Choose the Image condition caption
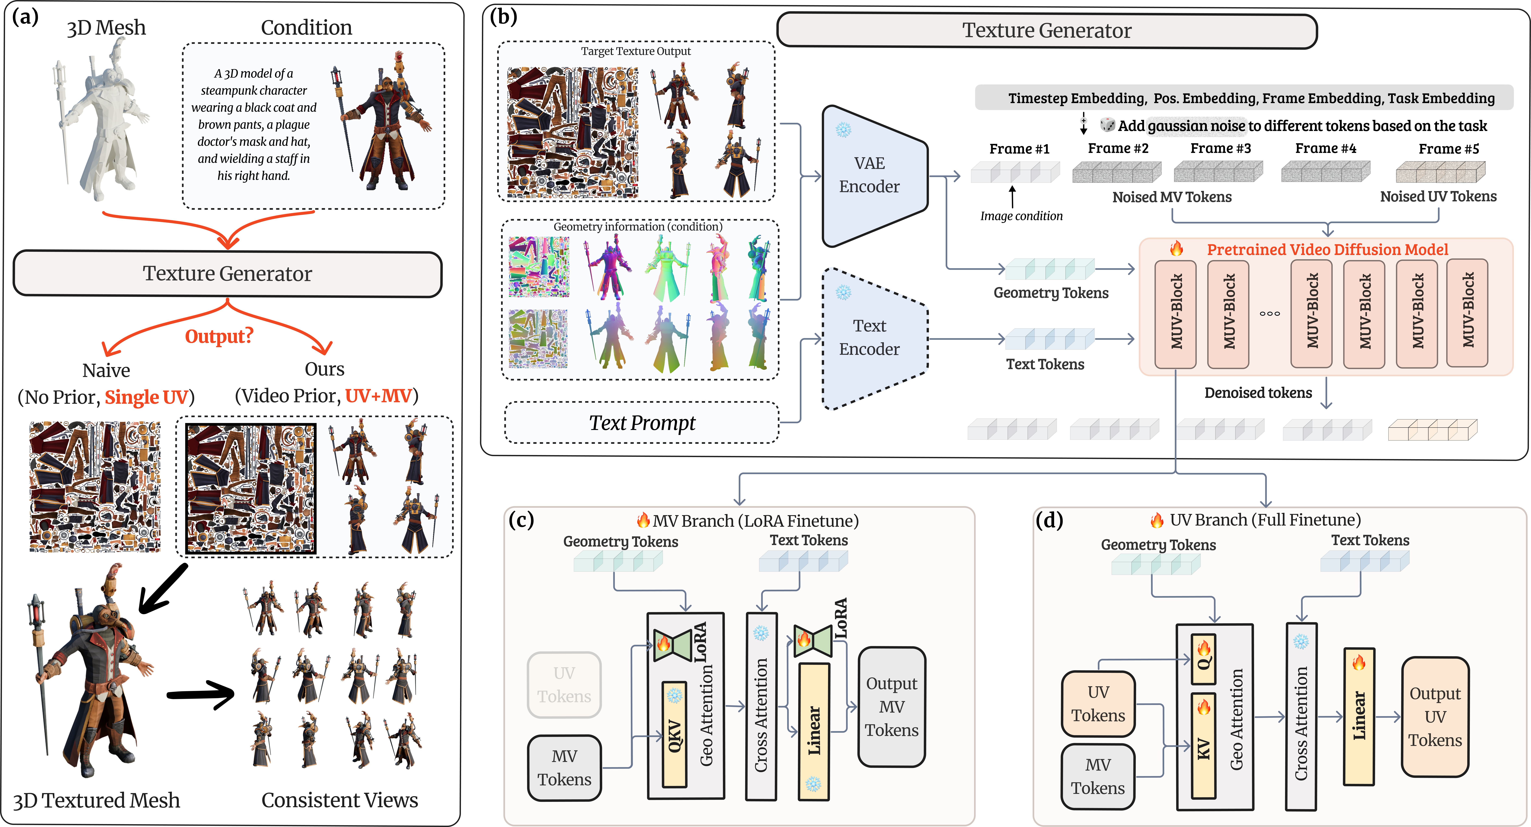(1021, 216)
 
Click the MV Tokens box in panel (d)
(1098, 777)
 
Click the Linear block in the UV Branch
(1359, 716)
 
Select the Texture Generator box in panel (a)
(228, 274)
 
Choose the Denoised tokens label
(1258, 393)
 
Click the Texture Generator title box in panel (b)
(1047, 31)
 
